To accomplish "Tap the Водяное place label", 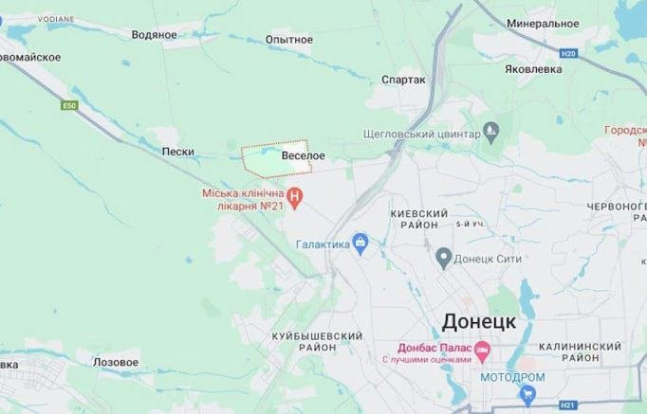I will point(156,35).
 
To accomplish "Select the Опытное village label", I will point(290,40).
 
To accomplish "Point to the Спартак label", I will point(402,81).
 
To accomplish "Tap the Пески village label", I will point(178,152).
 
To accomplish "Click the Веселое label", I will point(304,155).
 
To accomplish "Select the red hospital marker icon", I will point(295,198).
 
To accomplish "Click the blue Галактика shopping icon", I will point(360,243).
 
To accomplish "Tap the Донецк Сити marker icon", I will point(443,256).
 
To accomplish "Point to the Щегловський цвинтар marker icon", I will point(490,134).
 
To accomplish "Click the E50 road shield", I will point(68,105).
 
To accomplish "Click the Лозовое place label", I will point(116,362).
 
